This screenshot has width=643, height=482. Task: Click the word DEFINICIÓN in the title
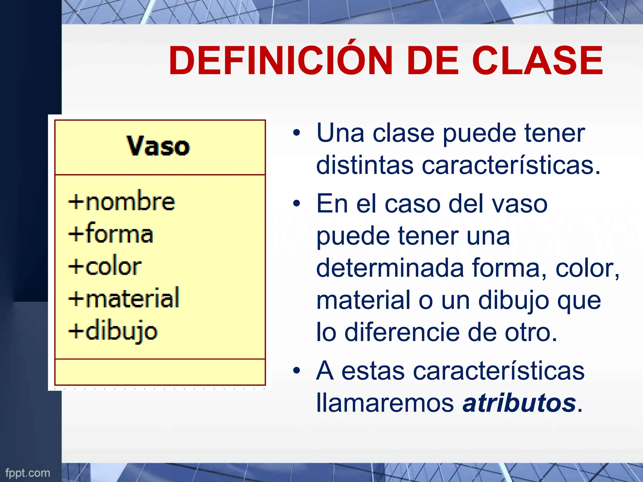tap(280, 61)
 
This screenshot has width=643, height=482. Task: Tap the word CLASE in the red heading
tap(537, 61)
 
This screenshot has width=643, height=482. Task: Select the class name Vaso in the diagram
tap(158, 146)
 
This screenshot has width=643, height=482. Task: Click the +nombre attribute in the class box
tap(122, 201)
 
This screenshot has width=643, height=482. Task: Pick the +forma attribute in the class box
tap(111, 233)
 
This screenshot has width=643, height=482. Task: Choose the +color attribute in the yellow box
tap(105, 266)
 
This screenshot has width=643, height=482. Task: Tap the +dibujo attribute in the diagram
tap(113, 331)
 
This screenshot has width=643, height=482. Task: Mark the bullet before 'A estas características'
tap(296, 371)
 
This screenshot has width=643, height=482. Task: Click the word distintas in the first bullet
tap(365, 165)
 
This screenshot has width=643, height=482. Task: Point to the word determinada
tap(390, 268)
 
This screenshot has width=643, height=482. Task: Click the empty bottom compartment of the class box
tap(160, 372)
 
